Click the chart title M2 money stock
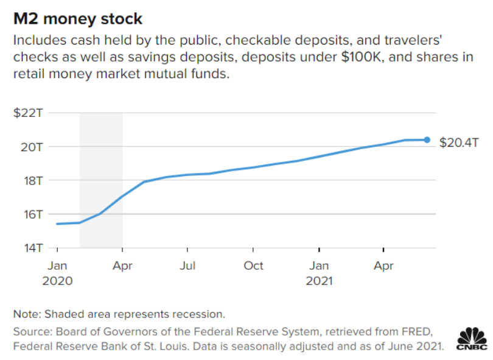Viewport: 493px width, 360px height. tap(77, 19)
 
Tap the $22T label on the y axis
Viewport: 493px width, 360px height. tap(28, 113)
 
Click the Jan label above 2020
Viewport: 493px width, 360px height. tap(58, 266)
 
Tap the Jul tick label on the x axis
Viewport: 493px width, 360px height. tap(188, 266)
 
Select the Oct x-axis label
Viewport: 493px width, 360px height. tap(253, 266)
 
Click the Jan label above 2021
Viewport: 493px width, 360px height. tap(319, 266)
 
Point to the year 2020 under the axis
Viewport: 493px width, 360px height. tap(58, 281)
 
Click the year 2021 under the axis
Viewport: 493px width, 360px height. tap(319, 281)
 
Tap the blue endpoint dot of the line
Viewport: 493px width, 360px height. tap(427, 140)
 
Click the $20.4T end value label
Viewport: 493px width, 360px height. tap(459, 143)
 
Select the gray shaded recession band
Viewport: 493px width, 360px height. tap(101, 183)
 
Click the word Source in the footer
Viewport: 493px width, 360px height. tap(29, 332)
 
